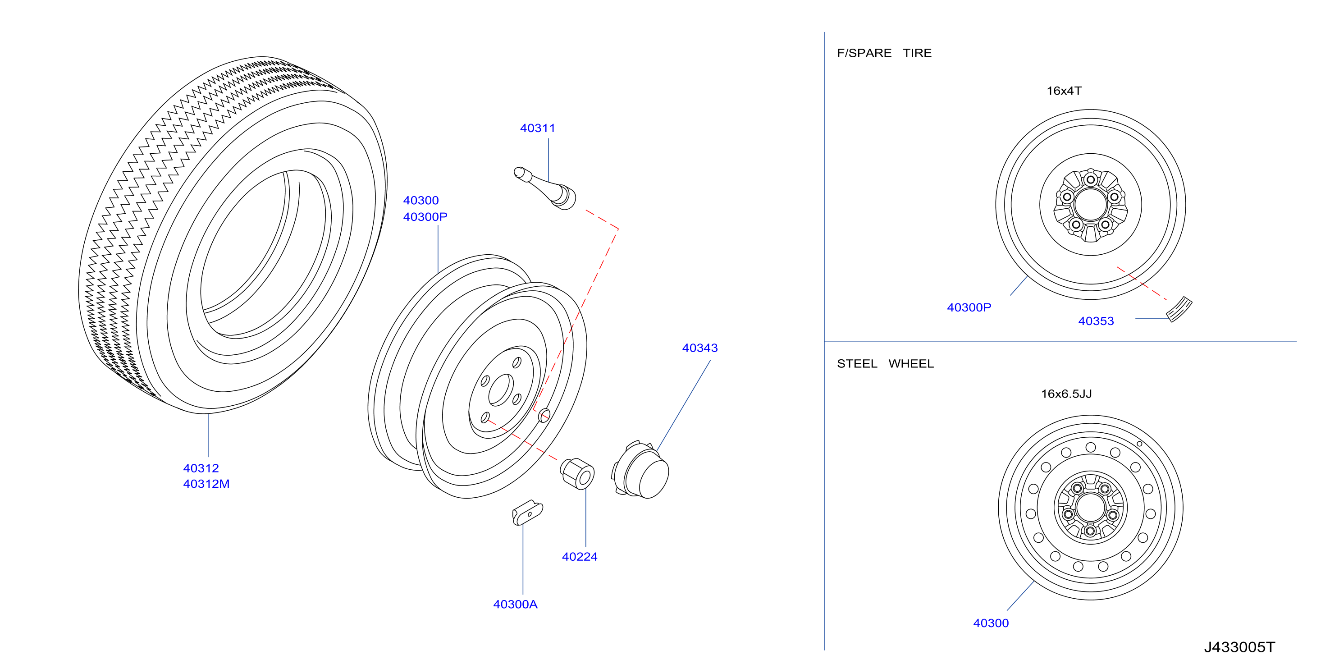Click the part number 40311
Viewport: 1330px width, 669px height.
(x=538, y=128)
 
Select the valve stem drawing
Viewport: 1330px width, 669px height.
(x=545, y=188)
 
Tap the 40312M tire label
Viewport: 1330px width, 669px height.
(x=206, y=484)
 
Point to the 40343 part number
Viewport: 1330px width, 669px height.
(x=699, y=348)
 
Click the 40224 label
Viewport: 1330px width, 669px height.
(x=579, y=557)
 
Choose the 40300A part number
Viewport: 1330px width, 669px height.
(x=515, y=605)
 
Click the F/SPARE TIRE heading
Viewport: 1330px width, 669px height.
(x=884, y=53)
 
